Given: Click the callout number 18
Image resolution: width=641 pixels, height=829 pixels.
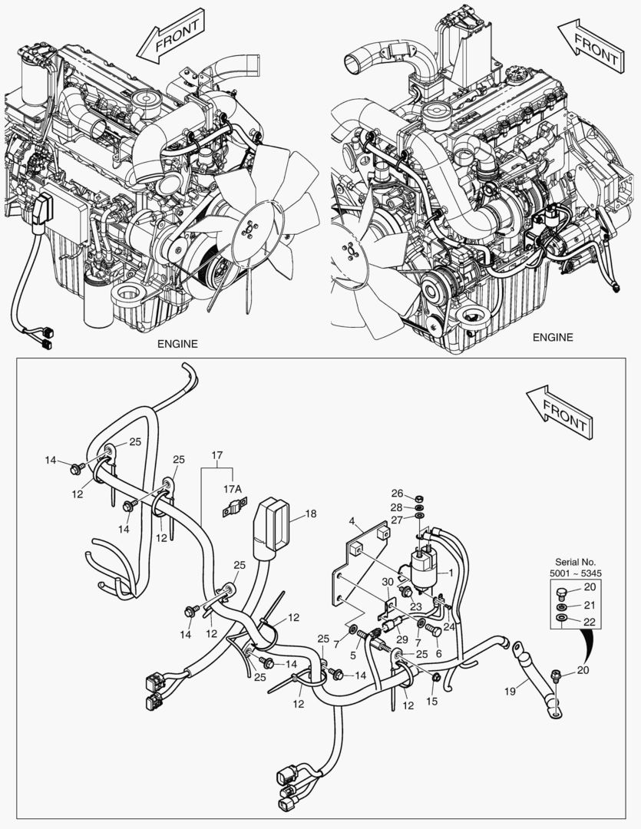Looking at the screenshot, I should [x=310, y=514].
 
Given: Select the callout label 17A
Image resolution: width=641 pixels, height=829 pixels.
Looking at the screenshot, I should [x=233, y=487].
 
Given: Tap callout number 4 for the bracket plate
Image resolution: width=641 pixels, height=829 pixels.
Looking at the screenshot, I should [x=351, y=521].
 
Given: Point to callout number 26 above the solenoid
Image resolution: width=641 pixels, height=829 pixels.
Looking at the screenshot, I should [x=397, y=493].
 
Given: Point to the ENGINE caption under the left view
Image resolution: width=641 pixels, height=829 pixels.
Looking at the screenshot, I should [x=177, y=343].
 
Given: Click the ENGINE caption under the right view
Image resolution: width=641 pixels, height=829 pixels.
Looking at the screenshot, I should [x=553, y=337].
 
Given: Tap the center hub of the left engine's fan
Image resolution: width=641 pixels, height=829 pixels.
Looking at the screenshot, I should [x=250, y=226].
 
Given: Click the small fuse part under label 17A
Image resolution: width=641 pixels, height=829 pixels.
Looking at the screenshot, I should [x=233, y=508].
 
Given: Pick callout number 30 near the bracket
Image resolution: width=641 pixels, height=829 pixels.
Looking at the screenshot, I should [x=387, y=582].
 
